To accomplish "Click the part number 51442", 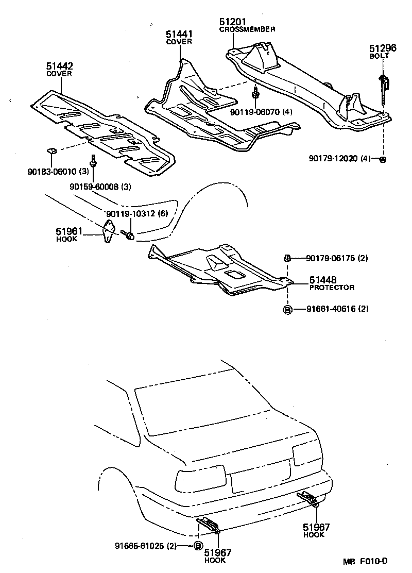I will [x=59, y=66].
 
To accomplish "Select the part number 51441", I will [x=179, y=34].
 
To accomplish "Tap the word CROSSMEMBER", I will [x=247, y=29].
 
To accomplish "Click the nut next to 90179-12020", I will [x=383, y=159].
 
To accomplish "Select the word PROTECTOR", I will [x=332, y=288].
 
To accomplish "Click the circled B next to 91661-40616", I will [x=288, y=309].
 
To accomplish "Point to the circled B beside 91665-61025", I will [x=198, y=546].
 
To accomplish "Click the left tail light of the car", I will [x=200, y=480].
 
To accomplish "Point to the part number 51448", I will [x=323, y=280].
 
